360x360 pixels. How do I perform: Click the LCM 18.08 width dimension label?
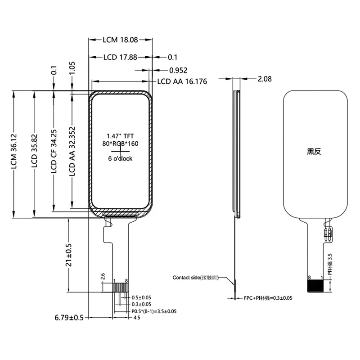(x=120, y=40)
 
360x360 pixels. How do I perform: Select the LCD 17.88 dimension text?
(x=120, y=57)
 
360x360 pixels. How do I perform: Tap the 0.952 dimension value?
(x=178, y=70)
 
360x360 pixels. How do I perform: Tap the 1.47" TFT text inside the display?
(x=120, y=135)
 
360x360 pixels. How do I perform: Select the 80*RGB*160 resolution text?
(x=120, y=143)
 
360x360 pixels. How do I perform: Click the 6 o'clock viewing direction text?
(x=120, y=159)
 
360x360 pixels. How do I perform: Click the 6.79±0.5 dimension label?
(x=69, y=318)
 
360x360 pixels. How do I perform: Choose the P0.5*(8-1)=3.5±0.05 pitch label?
(x=154, y=311)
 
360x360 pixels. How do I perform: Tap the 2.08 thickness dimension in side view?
(x=265, y=79)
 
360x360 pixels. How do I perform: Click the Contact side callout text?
(x=195, y=278)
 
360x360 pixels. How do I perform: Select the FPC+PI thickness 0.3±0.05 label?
(x=268, y=298)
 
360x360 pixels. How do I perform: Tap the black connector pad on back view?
(x=315, y=287)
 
